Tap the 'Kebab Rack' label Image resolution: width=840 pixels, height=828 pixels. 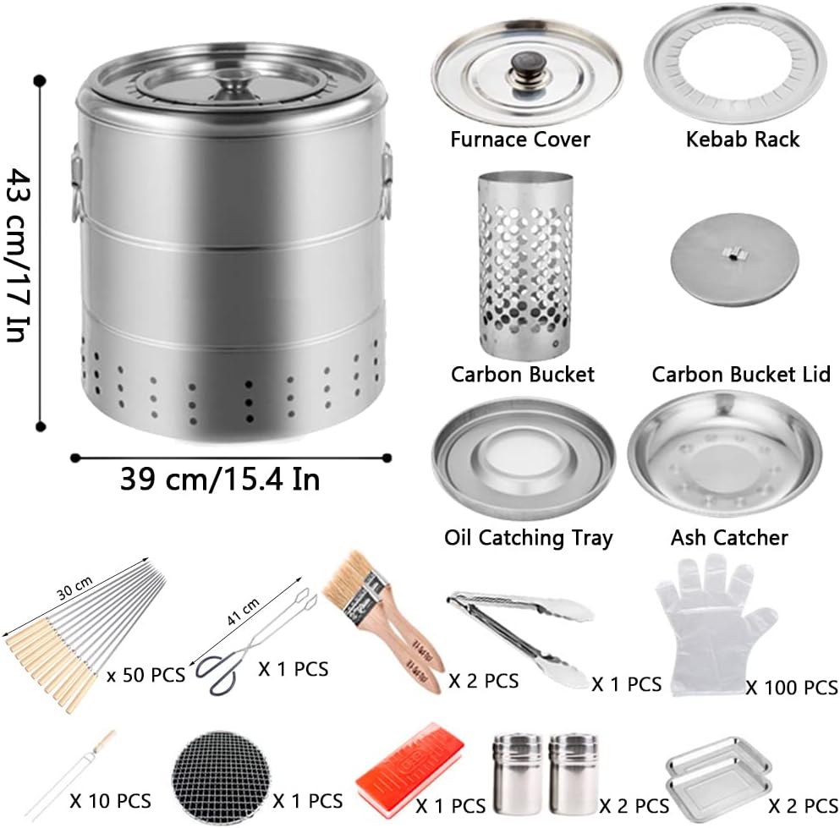click(x=743, y=140)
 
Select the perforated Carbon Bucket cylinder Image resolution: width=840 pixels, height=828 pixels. click(x=525, y=264)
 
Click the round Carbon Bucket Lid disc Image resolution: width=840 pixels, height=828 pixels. click(x=734, y=260)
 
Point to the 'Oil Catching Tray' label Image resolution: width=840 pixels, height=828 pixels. click(x=528, y=538)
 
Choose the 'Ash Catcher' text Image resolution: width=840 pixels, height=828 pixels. click(x=729, y=537)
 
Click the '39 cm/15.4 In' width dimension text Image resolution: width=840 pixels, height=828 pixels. click(x=220, y=479)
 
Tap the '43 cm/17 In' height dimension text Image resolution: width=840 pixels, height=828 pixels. click(x=19, y=255)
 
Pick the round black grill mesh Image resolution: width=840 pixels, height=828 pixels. click(x=220, y=777)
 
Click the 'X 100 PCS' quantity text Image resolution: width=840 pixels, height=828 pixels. click(x=792, y=687)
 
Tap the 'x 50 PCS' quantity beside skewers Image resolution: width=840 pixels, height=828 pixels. click(x=145, y=675)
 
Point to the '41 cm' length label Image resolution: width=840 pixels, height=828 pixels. click(x=244, y=611)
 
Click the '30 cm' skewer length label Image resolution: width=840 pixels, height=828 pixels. click(x=74, y=588)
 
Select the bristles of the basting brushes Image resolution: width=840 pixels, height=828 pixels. click(x=349, y=580)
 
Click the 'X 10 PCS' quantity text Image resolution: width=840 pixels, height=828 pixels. click(x=110, y=801)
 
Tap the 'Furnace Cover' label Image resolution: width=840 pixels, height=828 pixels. click(x=520, y=140)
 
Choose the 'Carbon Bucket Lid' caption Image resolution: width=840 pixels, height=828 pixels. click(x=741, y=374)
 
